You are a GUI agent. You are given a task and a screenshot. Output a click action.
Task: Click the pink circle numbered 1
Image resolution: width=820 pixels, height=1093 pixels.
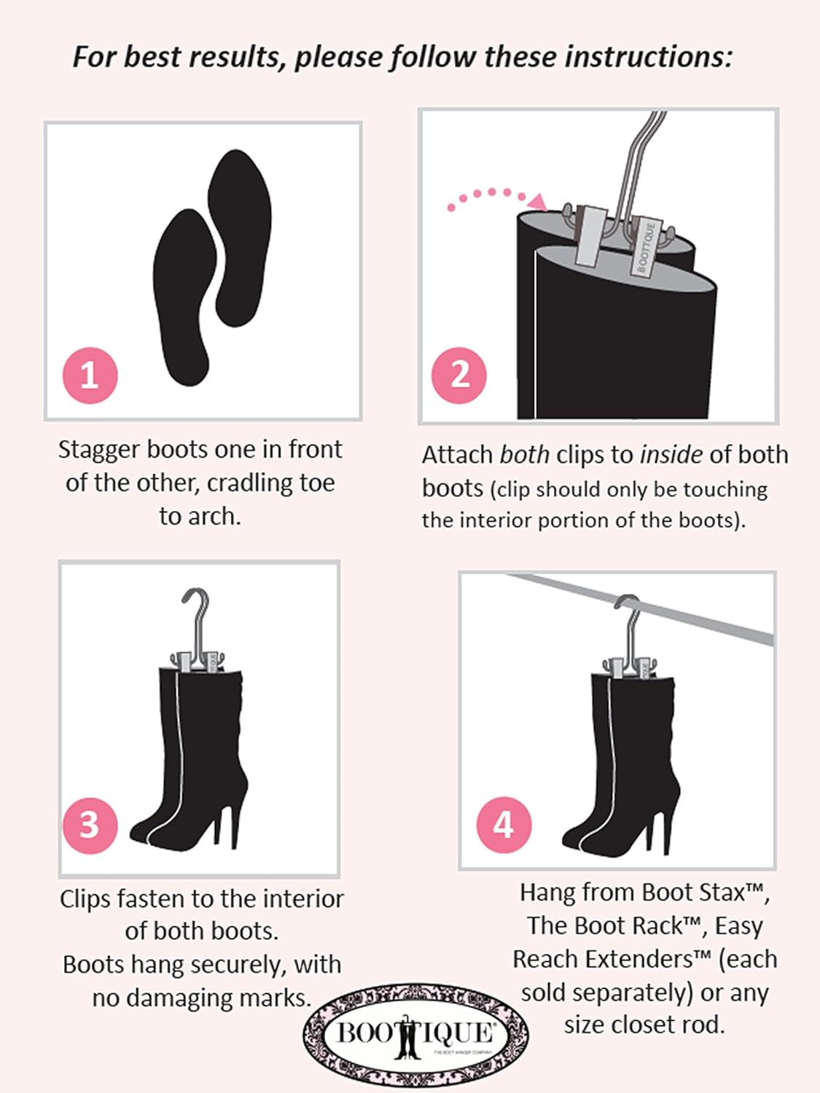click(x=90, y=375)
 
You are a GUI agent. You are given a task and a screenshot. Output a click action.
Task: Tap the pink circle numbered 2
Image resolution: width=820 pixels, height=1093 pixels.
click(x=459, y=375)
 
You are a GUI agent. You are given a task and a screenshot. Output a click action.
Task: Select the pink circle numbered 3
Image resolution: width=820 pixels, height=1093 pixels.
click(x=90, y=825)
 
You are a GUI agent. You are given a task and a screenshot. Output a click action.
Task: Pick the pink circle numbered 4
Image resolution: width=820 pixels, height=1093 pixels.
click(x=504, y=825)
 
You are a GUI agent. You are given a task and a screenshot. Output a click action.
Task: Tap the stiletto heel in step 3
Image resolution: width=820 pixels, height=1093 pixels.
click(x=232, y=820)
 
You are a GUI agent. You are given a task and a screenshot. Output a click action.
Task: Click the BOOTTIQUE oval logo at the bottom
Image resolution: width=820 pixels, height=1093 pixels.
click(x=415, y=1033)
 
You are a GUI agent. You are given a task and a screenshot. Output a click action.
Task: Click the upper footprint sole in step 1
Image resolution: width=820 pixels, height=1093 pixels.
click(x=240, y=237)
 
